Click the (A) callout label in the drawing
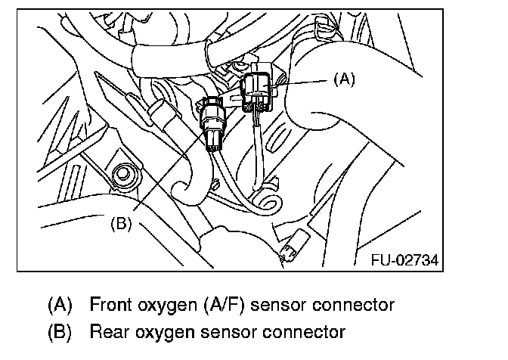point(342,77)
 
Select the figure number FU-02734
point(404,259)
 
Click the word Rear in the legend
point(105,331)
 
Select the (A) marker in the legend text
point(60,305)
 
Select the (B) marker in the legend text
point(60,331)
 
